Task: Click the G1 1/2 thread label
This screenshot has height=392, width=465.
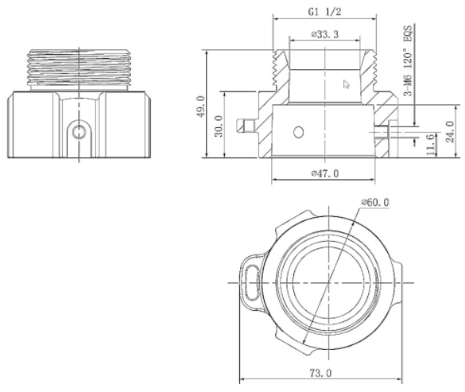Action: point(324,12)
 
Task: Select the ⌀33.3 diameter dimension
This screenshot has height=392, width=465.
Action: point(325,34)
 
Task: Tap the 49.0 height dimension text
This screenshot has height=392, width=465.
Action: point(201,107)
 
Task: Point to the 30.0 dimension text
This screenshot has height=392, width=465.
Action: point(219,126)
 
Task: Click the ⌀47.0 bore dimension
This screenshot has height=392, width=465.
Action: point(325,173)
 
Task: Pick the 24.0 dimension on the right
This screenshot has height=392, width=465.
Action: point(451,132)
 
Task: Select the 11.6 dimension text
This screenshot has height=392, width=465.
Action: point(432,145)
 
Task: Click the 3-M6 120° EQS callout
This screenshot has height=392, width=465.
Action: point(409,61)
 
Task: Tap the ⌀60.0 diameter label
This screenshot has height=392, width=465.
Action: point(375,203)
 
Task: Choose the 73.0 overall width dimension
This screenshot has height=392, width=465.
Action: point(320,373)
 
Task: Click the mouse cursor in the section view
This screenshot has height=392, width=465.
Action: point(346,84)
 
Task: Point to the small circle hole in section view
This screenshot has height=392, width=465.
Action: point(298,132)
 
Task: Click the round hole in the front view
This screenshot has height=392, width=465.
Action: point(79,131)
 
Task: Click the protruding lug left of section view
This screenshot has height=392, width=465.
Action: point(246,126)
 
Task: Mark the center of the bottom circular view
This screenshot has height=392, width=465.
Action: point(328,282)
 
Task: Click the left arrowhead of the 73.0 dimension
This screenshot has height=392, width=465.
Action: point(242,378)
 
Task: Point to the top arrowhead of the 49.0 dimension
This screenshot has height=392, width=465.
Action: point(207,52)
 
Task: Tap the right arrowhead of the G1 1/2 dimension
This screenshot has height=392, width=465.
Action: point(374,19)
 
